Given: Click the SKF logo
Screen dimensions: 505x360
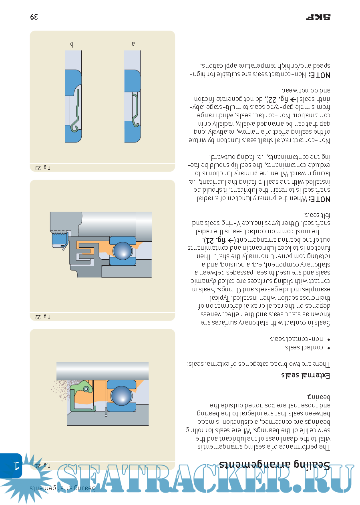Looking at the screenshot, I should (320, 17).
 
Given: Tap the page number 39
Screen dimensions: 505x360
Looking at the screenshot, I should (34, 17).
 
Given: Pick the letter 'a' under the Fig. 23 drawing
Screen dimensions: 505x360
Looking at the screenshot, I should (133, 44).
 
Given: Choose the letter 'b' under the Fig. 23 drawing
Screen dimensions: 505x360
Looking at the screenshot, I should (72, 44).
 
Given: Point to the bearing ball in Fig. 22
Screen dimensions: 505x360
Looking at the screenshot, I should (123, 251).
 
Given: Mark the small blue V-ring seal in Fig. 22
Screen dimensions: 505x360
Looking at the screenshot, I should (59, 240).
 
